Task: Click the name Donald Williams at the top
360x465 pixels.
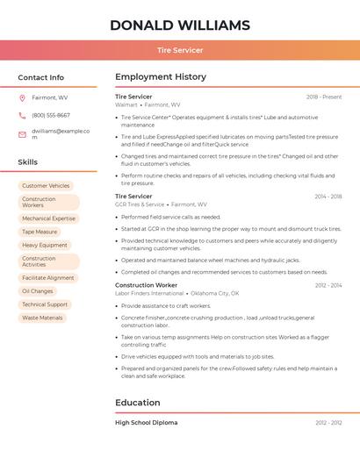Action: point(179,25)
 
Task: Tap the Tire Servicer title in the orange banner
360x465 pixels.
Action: point(179,50)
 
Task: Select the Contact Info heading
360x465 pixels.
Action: point(41,77)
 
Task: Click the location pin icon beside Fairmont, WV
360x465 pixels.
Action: point(22,97)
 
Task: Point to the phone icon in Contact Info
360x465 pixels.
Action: point(22,115)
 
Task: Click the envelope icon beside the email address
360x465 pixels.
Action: point(22,134)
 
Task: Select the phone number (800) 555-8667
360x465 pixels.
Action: point(51,115)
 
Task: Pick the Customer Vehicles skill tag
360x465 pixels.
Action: point(46,186)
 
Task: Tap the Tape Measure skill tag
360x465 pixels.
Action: point(40,232)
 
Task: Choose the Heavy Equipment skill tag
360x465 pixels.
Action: point(45,246)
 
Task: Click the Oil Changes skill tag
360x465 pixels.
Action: point(38,291)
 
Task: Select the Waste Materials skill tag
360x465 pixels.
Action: point(42,318)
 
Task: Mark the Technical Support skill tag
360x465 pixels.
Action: point(45,304)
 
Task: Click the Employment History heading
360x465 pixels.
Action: point(161,77)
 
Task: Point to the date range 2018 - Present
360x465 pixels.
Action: point(323,97)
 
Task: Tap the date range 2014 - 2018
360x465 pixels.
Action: point(328,197)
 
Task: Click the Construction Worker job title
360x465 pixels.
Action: point(146,285)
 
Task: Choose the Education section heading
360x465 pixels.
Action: point(138,403)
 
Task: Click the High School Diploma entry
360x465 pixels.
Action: point(146,423)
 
